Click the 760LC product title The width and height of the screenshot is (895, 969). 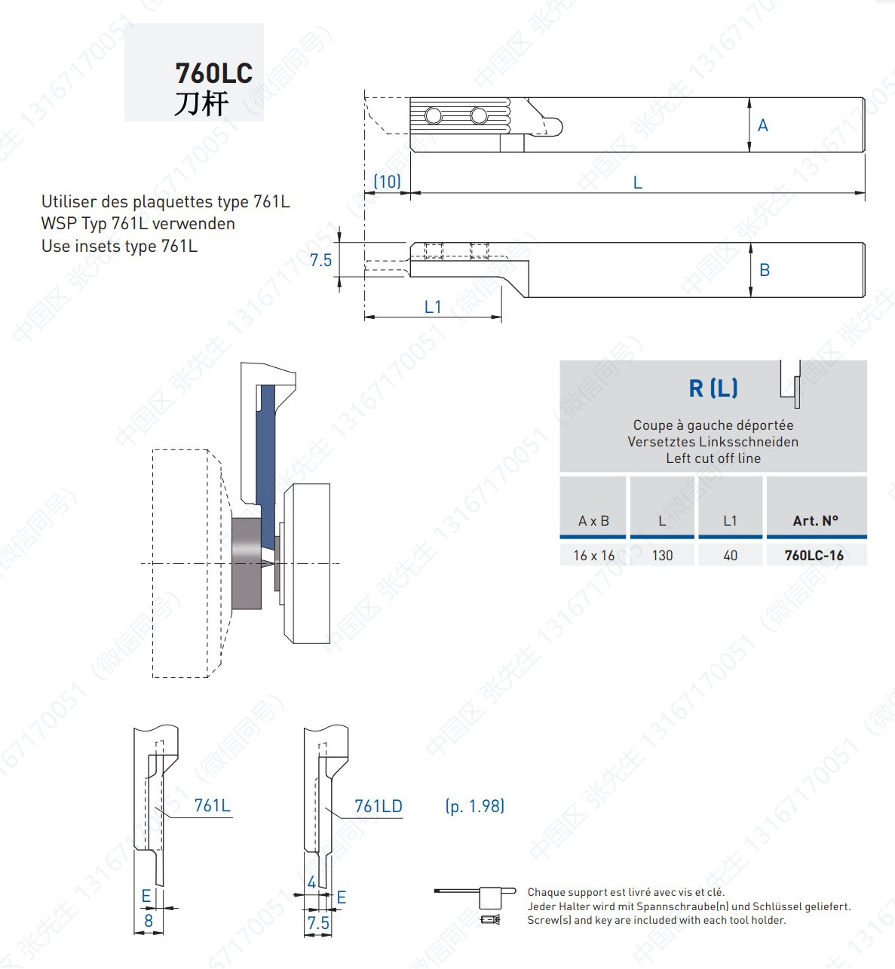click(213, 73)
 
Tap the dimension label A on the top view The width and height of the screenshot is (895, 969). click(762, 126)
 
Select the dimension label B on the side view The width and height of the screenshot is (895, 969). click(765, 270)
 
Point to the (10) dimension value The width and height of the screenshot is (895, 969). click(387, 182)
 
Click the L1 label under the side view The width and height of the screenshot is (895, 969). click(433, 307)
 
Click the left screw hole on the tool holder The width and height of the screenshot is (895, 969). click(434, 116)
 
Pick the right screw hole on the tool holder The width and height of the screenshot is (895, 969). click(479, 116)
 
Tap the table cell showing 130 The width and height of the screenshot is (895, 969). click(662, 555)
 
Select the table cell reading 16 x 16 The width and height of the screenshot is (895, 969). click(593, 555)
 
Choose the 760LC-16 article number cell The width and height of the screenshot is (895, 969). click(814, 555)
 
